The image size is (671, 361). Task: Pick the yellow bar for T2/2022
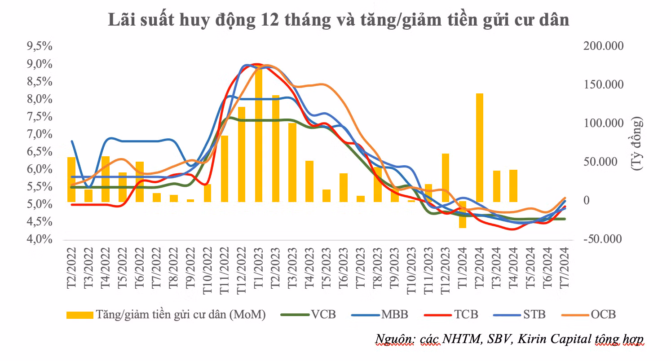point(71,179)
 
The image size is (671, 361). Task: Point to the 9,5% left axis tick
point(40,46)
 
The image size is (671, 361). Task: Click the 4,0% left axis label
point(40,239)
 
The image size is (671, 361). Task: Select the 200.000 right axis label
point(600,46)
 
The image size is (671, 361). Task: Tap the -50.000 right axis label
point(600,239)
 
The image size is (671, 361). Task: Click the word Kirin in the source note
point(530,339)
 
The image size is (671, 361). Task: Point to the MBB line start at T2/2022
point(72,141)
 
